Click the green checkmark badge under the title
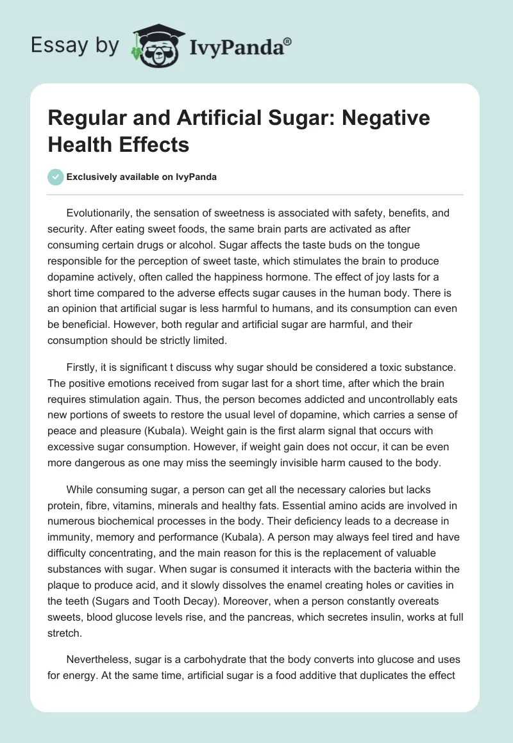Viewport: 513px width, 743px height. (56, 177)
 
